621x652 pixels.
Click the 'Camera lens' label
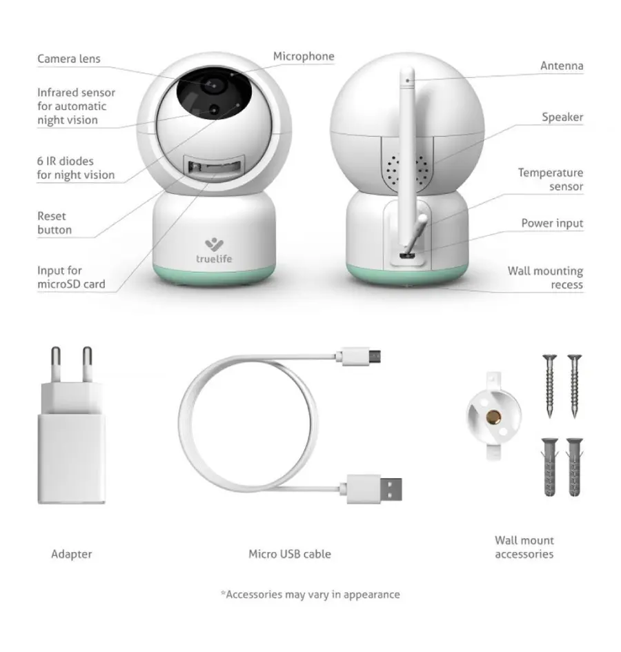point(68,59)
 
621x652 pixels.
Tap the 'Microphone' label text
point(304,57)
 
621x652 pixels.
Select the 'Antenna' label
point(562,66)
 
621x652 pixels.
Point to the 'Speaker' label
point(562,117)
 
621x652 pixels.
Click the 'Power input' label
point(552,224)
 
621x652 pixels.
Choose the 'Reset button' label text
point(55,223)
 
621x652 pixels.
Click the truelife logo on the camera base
point(214,251)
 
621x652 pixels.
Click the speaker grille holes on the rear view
point(408,170)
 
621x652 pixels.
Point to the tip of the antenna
point(407,70)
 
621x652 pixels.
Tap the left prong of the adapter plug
point(56,365)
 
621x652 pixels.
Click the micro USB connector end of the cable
point(361,356)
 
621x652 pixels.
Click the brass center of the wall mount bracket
point(493,416)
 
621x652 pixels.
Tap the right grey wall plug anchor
point(574,467)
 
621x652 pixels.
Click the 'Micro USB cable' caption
point(290,554)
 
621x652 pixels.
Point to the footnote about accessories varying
point(310,595)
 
